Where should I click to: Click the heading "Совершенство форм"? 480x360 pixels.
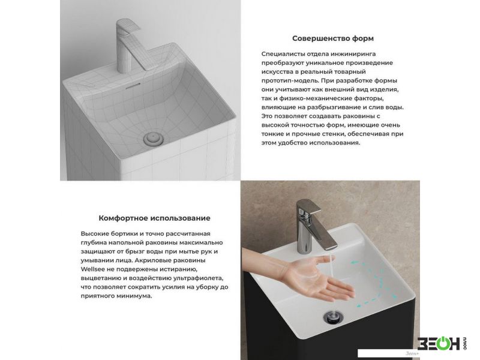pos(333,38)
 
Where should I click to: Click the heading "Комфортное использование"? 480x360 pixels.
pos(154,218)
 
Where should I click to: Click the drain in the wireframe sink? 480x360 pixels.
pos(154,139)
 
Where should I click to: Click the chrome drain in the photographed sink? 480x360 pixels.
pos(334,317)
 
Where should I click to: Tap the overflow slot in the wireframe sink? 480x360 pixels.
pos(133,86)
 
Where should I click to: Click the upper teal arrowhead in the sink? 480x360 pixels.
pos(354,263)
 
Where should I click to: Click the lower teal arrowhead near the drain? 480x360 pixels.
pos(359,305)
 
